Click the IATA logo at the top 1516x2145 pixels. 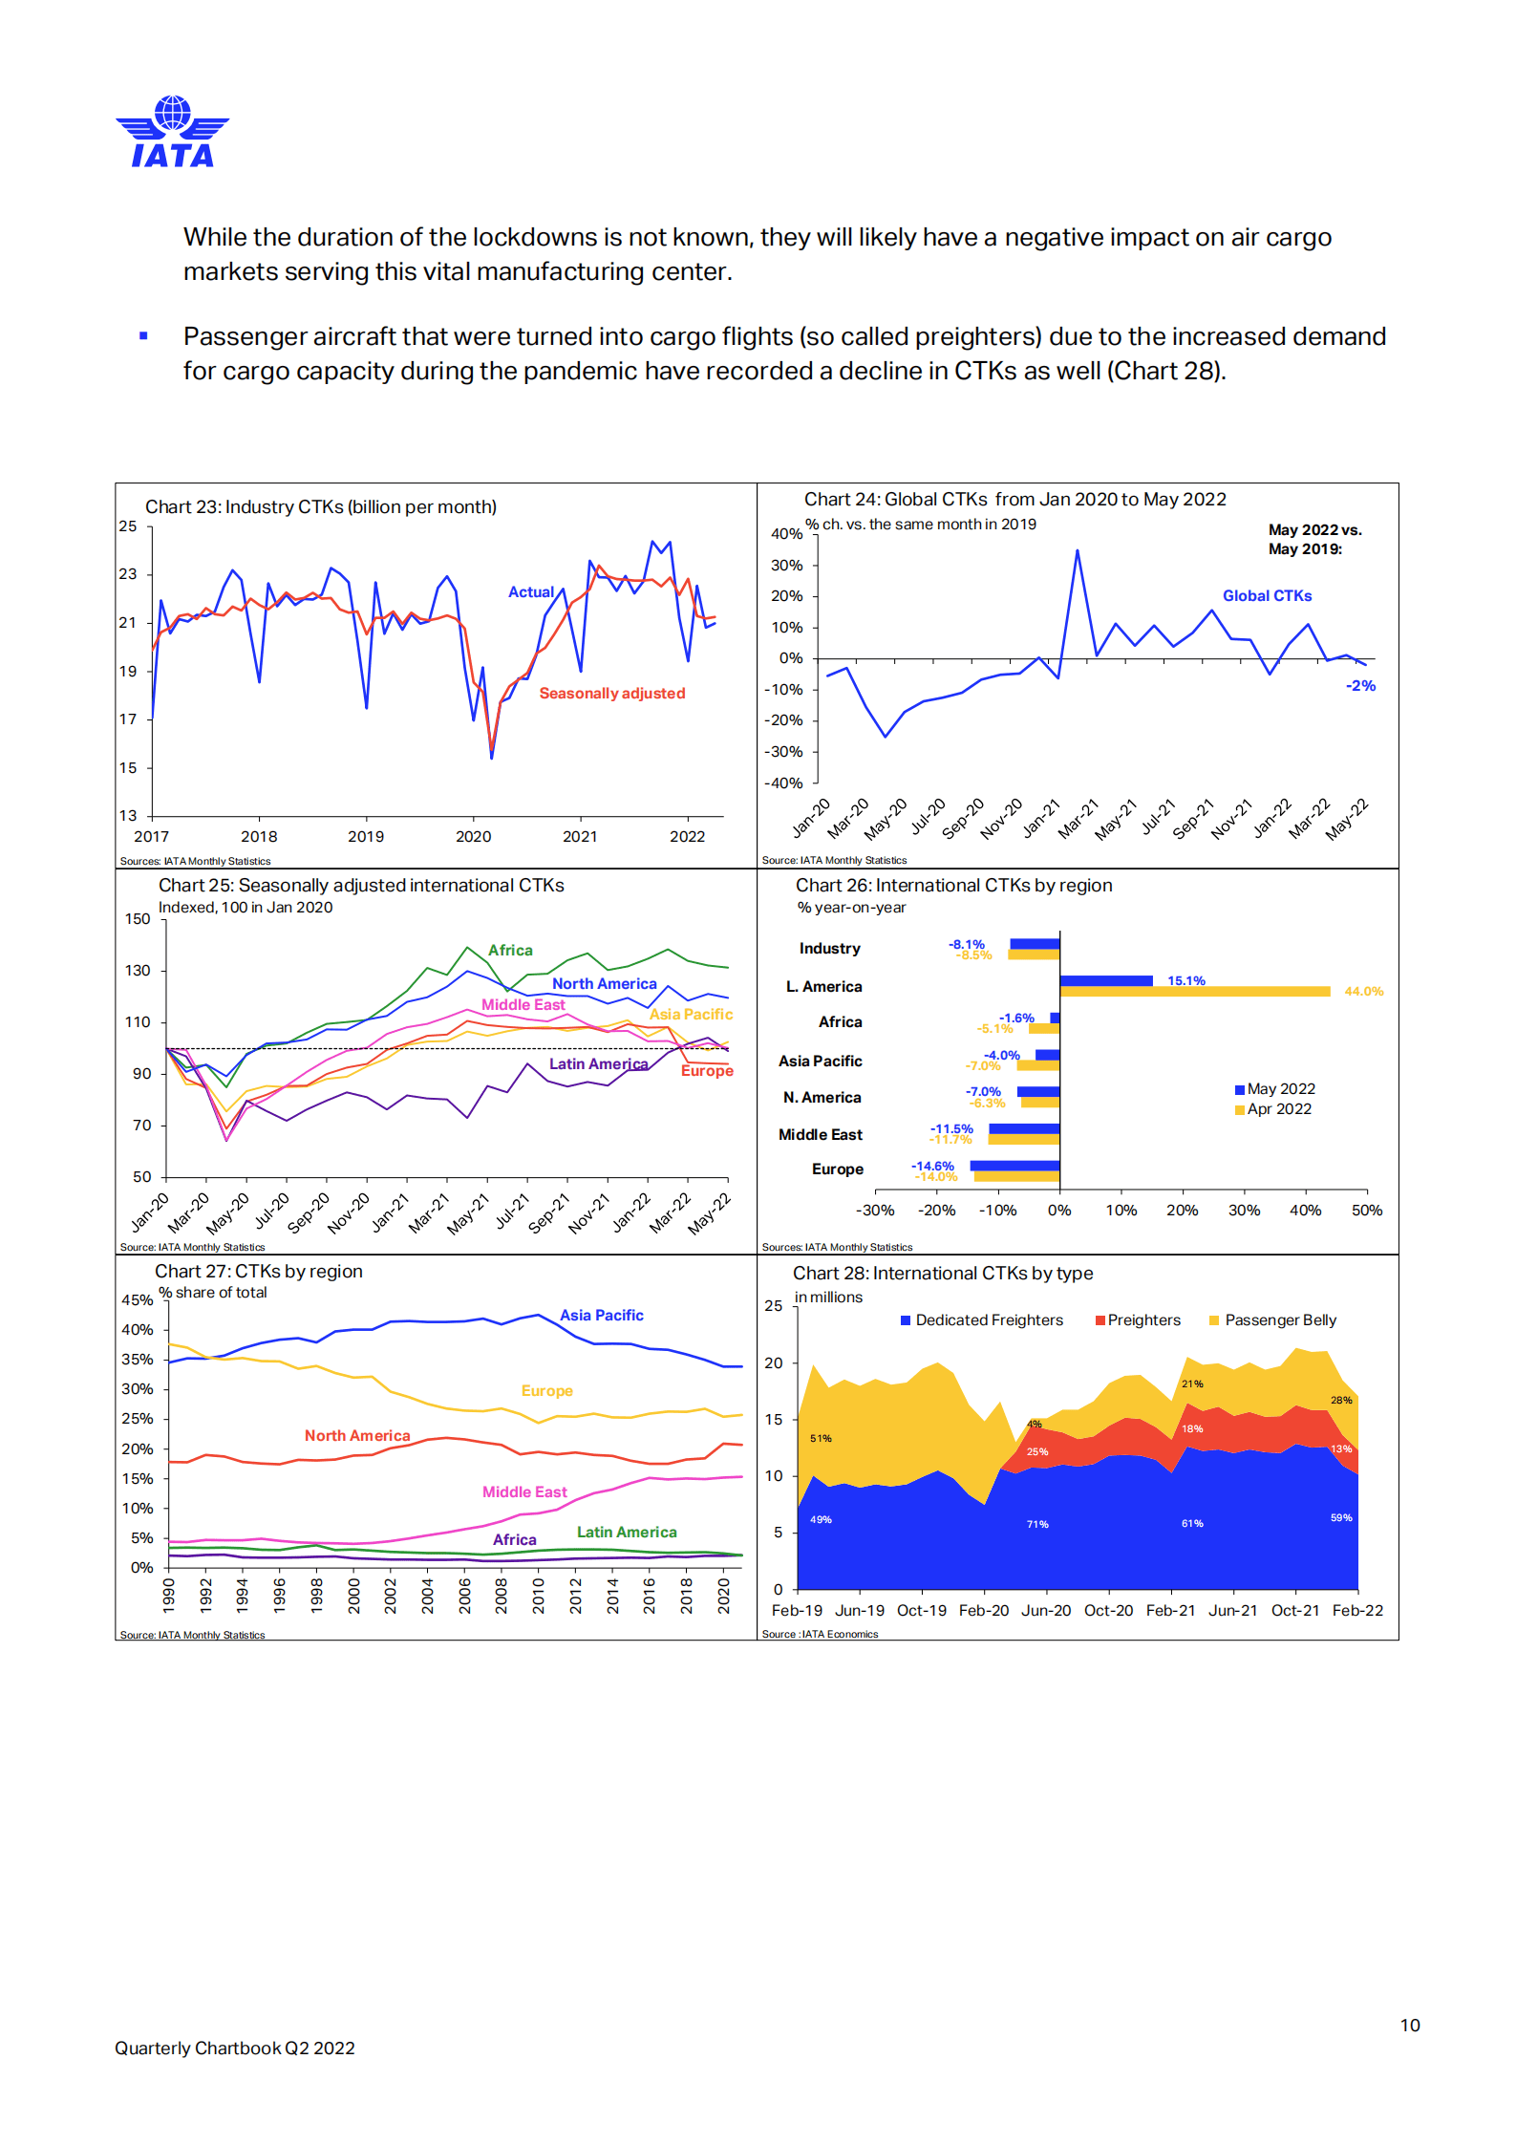coord(172,132)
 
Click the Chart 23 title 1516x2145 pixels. coord(321,507)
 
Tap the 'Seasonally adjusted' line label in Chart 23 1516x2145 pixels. coord(612,694)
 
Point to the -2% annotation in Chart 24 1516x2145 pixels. coord(1360,686)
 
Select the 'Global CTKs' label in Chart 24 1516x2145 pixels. coord(1267,596)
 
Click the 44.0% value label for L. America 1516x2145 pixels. coord(1363,992)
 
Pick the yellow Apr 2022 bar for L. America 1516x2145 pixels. coord(1195,992)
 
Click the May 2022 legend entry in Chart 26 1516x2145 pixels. coord(1274,1089)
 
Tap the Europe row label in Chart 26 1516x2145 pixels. coord(838,1169)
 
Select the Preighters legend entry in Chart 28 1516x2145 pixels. coord(1138,1320)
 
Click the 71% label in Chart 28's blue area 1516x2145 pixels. coord(1037,1525)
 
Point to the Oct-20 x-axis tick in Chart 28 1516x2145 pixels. coord(1108,1611)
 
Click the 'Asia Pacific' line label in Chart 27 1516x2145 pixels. coord(602,1316)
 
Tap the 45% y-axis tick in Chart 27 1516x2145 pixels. coord(138,1300)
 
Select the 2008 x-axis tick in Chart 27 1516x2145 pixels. coord(502,1597)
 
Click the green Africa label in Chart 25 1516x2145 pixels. coord(511,951)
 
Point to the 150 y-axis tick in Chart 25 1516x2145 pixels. coord(138,919)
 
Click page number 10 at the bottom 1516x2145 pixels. coord(1410,2026)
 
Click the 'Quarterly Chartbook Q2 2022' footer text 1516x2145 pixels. coord(235,2048)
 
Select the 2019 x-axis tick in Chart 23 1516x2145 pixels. coord(366,837)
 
